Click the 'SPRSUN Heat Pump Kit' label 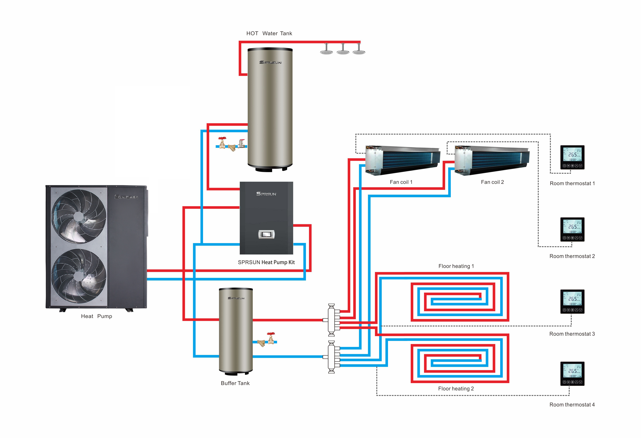click(x=266, y=262)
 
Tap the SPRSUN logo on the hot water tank click(x=270, y=62)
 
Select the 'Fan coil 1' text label click(x=401, y=182)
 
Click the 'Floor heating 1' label click(x=456, y=266)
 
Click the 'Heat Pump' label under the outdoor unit click(x=97, y=316)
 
